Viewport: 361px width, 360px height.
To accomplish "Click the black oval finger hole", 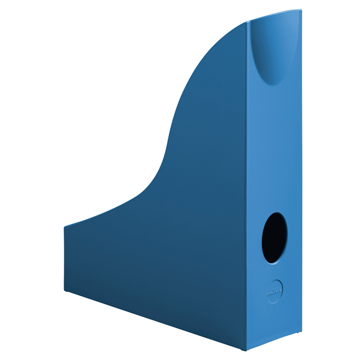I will (x=274, y=237).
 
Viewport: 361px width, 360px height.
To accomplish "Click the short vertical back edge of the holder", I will (x=65, y=258).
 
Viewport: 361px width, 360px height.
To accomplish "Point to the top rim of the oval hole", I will (x=275, y=212).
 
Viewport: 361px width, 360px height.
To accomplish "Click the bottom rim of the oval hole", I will (x=273, y=262).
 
